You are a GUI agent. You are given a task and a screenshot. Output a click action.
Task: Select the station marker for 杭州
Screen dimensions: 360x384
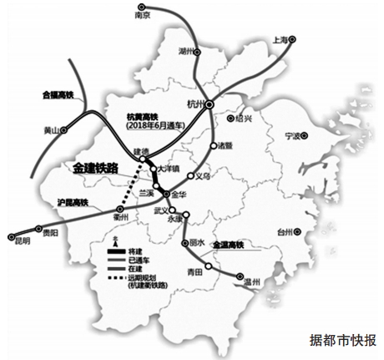coord(210,104)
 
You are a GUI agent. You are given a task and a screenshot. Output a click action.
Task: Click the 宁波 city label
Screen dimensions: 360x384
coord(291,134)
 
